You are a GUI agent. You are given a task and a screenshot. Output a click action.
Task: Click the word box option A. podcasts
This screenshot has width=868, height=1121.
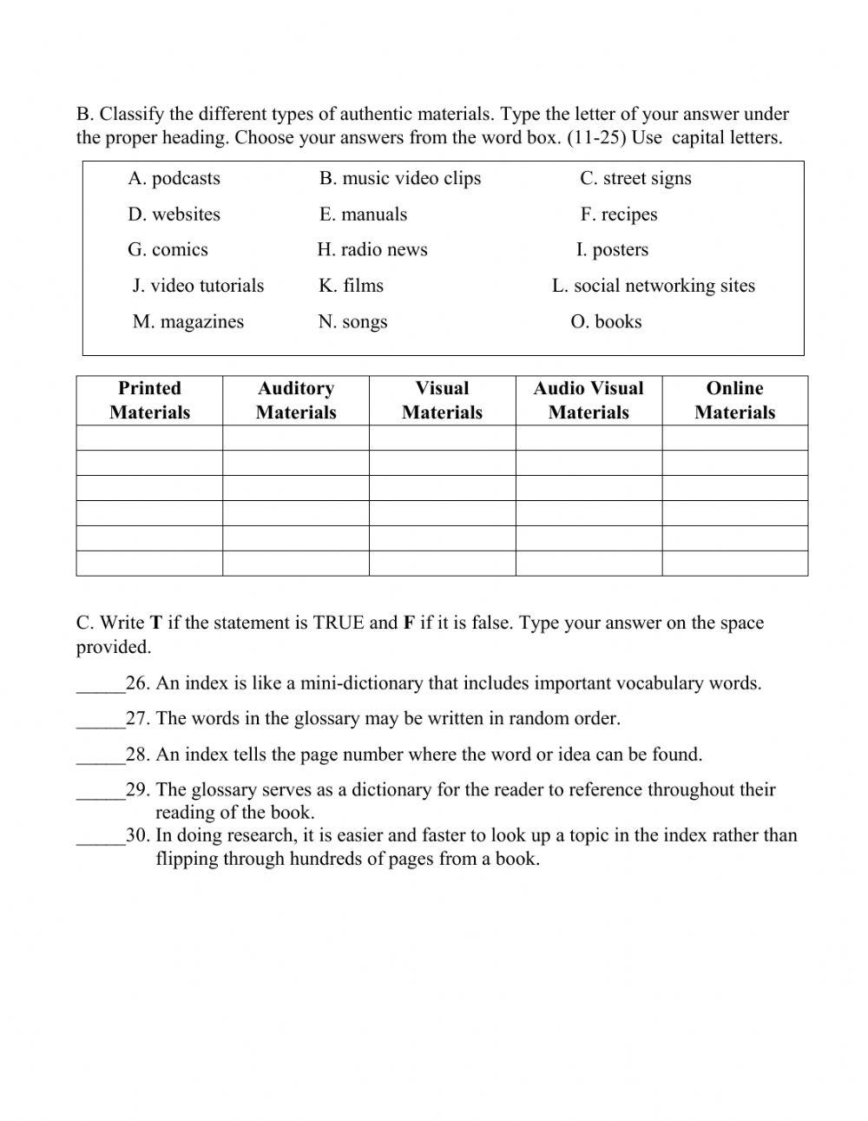[x=174, y=179]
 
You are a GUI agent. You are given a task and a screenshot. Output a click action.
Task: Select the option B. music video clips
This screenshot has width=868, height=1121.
[x=399, y=179]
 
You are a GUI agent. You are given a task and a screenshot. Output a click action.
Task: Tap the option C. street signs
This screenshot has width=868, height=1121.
[x=635, y=179]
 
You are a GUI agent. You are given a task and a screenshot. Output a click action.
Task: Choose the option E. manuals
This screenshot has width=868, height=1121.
[x=363, y=214]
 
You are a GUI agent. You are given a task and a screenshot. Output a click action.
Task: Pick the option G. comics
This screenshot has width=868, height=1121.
[x=168, y=250]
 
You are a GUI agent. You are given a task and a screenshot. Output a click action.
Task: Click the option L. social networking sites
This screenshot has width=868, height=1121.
[x=653, y=286]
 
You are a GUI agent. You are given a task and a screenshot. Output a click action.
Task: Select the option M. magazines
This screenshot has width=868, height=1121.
[x=187, y=322]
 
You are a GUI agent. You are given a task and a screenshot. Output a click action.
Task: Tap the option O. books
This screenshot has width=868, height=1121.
[x=606, y=322]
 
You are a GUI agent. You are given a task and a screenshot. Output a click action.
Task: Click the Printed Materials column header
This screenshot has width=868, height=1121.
[x=149, y=400]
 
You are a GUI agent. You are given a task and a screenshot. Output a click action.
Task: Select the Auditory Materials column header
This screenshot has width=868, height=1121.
[x=296, y=400]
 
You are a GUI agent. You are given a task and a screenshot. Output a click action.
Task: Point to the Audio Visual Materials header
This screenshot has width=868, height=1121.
[x=589, y=400]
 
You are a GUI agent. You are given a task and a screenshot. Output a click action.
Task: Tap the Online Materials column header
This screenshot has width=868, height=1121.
[x=734, y=400]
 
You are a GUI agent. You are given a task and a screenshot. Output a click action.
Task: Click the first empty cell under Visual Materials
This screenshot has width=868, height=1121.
[x=442, y=438]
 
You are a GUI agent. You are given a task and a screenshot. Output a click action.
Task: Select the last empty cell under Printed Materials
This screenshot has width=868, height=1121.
[x=149, y=564]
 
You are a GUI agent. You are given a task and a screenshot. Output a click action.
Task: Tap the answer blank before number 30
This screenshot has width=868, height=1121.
[x=100, y=837]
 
